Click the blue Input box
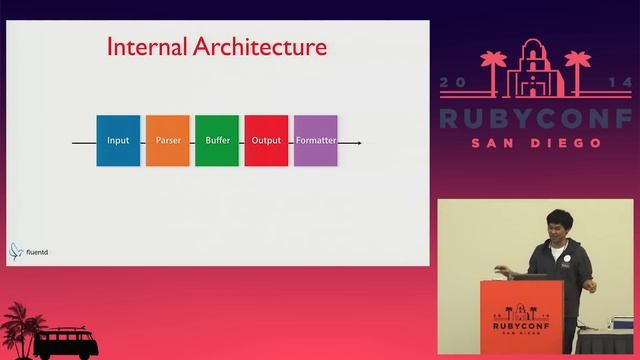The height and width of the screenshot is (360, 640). (118, 140)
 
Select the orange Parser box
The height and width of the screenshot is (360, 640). (167, 140)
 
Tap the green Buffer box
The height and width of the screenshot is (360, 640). (217, 140)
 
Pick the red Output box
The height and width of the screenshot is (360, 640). (266, 140)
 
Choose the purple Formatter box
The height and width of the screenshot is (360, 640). (315, 140)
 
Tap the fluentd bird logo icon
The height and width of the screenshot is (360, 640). (16, 251)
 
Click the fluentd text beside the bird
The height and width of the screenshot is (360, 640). (37, 252)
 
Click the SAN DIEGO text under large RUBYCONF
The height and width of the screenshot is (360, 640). (536, 143)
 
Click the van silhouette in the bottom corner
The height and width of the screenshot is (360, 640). (66, 344)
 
